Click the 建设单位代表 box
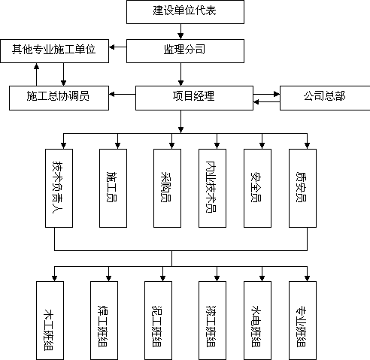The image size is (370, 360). point(185,12)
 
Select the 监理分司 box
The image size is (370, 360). point(185,51)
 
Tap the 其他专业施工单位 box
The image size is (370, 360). point(55,51)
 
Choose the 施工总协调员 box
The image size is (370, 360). point(59,98)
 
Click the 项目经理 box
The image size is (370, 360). point(194,98)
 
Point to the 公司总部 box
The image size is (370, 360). point(325,98)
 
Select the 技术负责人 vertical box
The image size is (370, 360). point(59,188)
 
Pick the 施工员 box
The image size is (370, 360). point(113,188)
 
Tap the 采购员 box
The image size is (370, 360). point(167,188)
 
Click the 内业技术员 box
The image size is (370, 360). point(212,188)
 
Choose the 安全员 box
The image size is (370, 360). point(257,188)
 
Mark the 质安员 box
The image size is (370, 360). point(302,188)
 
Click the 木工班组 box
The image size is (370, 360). point(50,320)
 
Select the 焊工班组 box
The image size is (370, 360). point(104,320)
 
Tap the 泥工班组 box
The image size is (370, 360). point(158,320)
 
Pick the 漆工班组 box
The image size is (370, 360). point(212,320)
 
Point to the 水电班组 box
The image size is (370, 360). point(257,320)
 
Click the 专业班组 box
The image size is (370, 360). point(302,320)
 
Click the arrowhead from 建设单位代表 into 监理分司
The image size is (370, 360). point(180,36)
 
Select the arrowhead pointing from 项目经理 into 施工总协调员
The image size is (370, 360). point(112,94)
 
